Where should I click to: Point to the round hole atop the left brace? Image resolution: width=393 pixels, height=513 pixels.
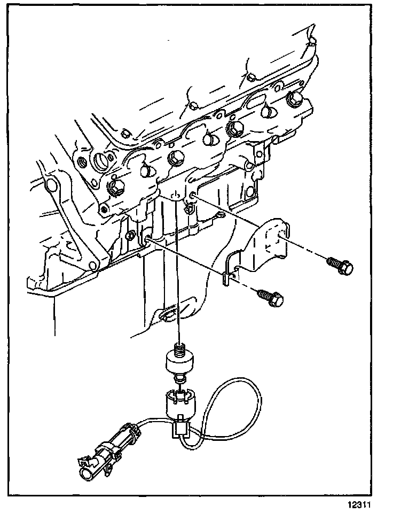52,186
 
